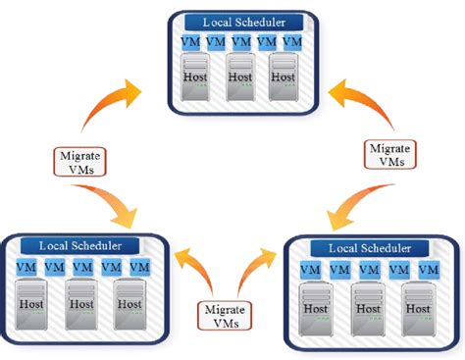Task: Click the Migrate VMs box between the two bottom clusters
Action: (224, 315)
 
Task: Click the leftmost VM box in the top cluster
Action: (191, 43)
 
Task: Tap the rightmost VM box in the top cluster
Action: (290, 43)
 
